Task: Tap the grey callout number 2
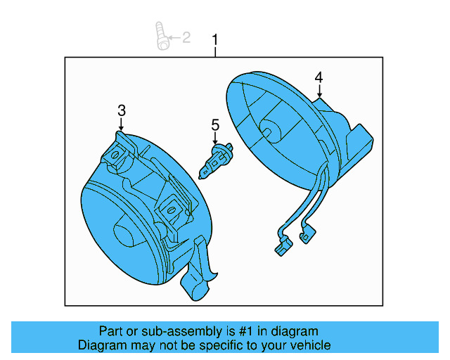(x=186, y=37)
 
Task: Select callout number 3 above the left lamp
(x=122, y=110)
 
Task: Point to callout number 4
(x=319, y=77)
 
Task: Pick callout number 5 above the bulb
(x=215, y=125)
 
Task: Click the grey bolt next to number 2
(x=162, y=36)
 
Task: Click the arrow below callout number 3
(x=121, y=124)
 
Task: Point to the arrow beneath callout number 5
(x=215, y=139)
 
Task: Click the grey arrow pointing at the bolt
(x=174, y=37)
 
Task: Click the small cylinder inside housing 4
(x=269, y=129)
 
